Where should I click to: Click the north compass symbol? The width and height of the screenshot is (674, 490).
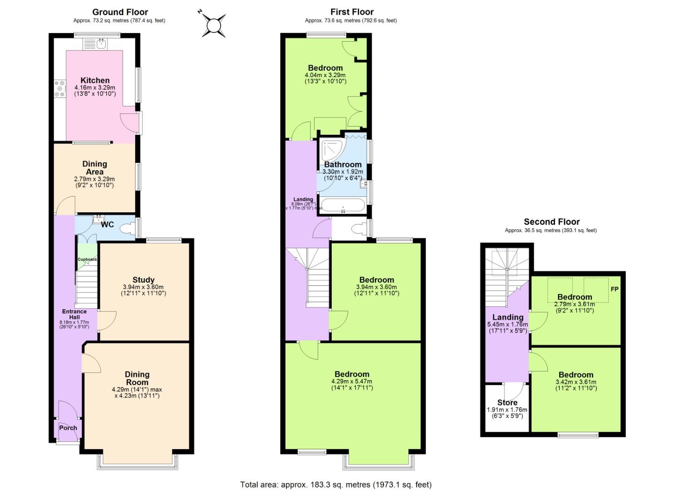[x=213, y=24]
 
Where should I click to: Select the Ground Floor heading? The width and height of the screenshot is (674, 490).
[x=120, y=12]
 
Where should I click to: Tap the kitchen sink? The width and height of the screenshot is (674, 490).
[x=100, y=44]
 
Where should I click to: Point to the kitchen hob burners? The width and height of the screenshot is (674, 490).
[x=59, y=88]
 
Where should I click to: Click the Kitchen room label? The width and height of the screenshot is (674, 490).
[x=95, y=80]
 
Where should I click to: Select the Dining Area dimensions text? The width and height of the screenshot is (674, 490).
[x=94, y=182]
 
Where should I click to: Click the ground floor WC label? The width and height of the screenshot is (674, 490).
[x=107, y=225]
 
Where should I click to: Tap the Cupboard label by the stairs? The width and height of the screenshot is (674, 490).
[x=87, y=260]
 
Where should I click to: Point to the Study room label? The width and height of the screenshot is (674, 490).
[x=143, y=279]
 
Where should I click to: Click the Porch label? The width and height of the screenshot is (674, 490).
[x=68, y=427]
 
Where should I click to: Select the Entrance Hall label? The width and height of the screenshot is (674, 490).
[x=74, y=314]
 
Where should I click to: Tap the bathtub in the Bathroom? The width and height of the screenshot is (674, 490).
[x=342, y=206]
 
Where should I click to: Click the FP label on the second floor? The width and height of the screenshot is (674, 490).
[x=615, y=289]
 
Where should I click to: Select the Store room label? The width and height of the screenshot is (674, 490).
[x=507, y=402]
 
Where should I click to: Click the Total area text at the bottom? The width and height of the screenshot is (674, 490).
[x=336, y=485]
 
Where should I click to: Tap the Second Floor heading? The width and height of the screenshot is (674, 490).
[x=551, y=222]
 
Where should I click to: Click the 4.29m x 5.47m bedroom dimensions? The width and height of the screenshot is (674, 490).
[x=352, y=385]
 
